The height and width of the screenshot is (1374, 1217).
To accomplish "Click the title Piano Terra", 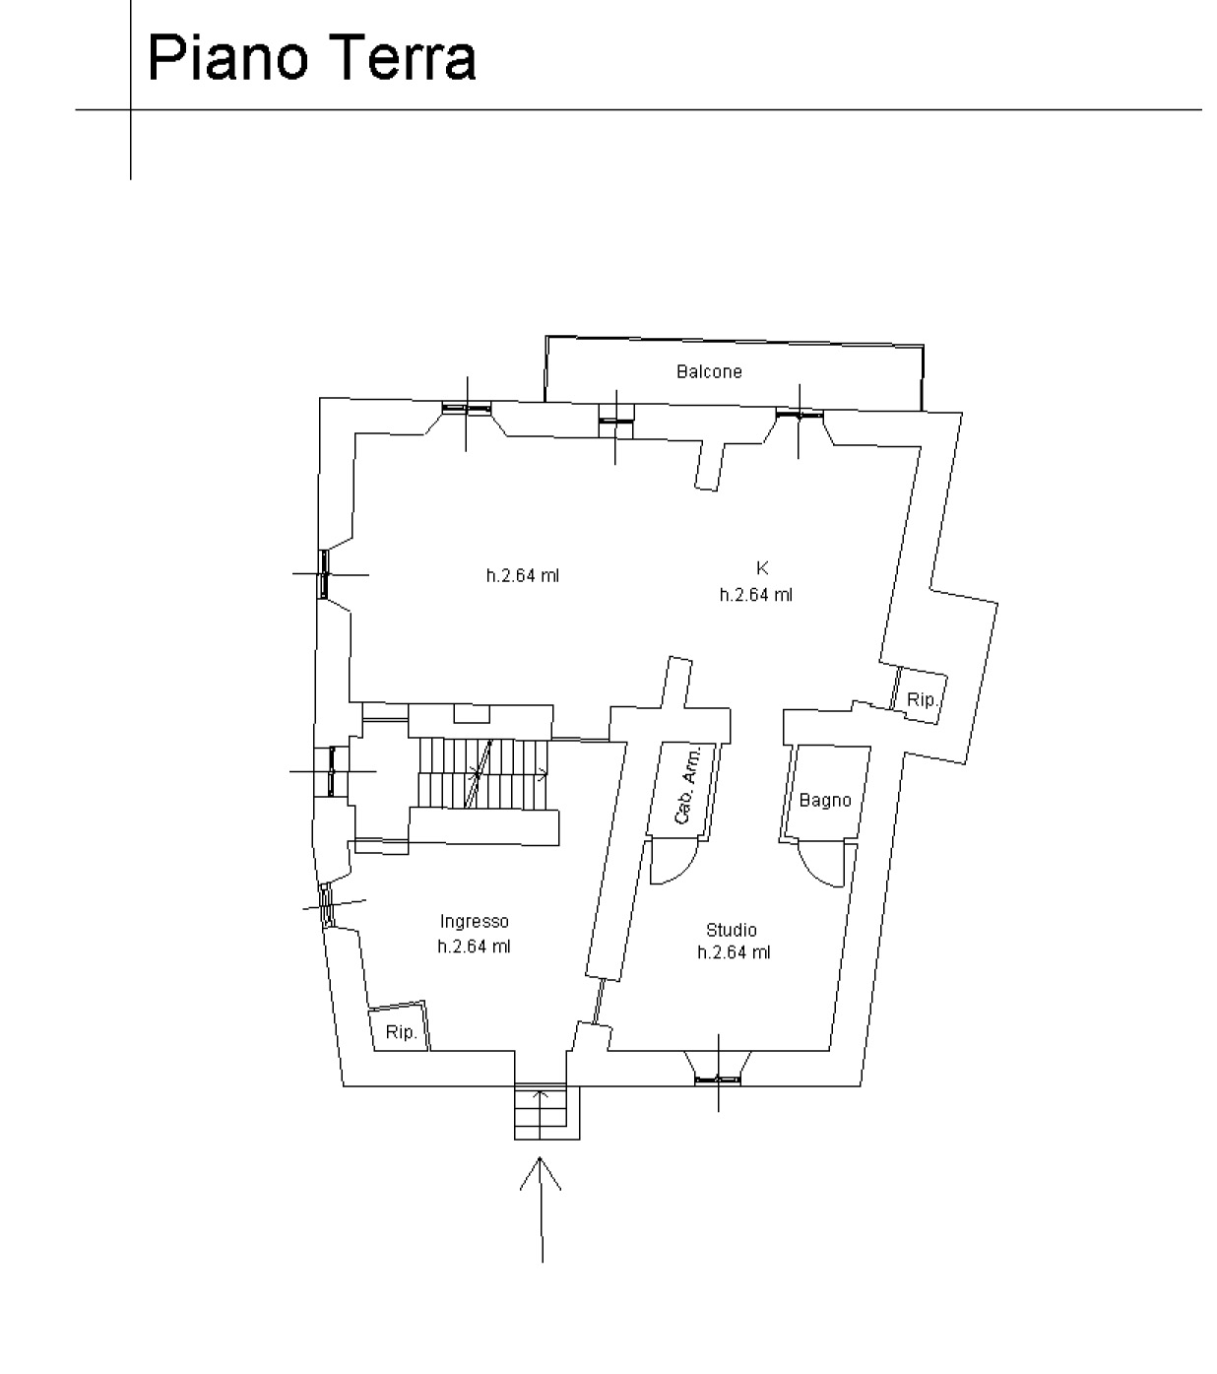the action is (x=311, y=58).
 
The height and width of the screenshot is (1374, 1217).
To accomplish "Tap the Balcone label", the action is (x=709, y=371).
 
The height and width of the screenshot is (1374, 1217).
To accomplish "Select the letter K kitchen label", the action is (x=762, y=567).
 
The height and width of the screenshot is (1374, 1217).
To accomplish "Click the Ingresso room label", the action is (x=474, y=921).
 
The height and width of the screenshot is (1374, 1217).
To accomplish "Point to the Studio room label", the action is (x=731, y=929).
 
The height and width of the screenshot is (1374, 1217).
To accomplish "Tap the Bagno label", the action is (x=824, y=800).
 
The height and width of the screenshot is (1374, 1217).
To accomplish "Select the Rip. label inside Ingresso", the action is (x=400, y=1032).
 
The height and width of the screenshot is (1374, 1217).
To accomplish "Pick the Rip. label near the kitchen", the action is (x=922, y=699).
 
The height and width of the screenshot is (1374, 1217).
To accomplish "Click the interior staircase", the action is (x=482, y=774).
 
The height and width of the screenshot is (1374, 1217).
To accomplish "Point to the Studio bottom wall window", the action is (x=718, y=1079).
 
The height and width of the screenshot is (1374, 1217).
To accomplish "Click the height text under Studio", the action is (x=734, y=952).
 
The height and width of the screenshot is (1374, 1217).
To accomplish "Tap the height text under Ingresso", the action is (x=474, y=947).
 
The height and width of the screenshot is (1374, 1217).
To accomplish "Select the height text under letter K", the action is (x=756, y=595).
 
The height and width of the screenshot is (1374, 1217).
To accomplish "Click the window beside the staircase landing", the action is (x=332, y=771).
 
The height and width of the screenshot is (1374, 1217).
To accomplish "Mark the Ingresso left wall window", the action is (x=327, y=905).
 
